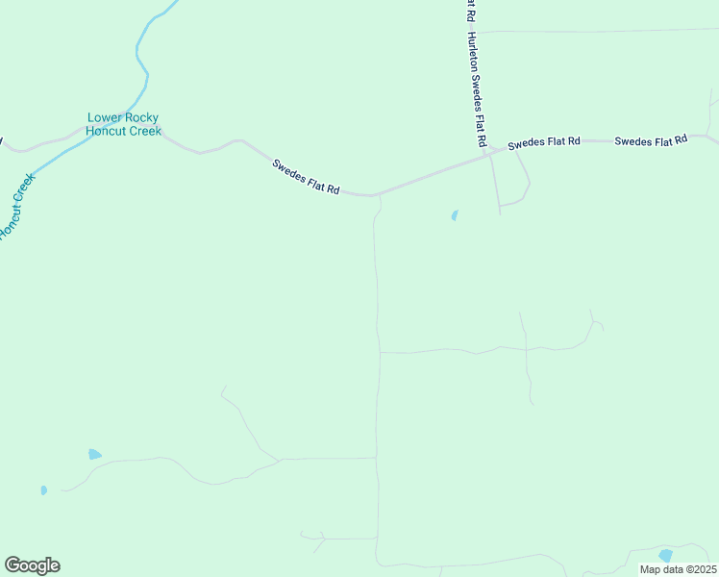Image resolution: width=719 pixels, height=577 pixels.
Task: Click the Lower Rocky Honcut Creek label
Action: pos(123,124)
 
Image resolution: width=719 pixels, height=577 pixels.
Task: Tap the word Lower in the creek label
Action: pos(104,118)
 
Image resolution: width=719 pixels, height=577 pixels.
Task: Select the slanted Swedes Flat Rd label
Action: pos(306,177)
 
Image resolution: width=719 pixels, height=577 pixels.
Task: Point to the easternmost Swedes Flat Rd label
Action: pos(651,140)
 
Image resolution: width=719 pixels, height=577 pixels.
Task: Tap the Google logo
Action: pos(32,564)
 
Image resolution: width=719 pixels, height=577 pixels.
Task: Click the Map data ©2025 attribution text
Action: pos(678,569)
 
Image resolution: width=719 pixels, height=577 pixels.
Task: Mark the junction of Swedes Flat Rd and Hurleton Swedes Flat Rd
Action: pos(485,153)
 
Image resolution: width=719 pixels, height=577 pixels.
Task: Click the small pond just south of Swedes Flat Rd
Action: pos(454,215)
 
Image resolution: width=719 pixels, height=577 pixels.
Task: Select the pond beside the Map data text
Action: pos(665,555)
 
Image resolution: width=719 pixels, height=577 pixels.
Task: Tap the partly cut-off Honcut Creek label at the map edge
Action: pos(15,207)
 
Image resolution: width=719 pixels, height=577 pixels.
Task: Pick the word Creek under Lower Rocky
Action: pos(145,131)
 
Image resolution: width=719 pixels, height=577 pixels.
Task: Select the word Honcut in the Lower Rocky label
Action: pos(106,131)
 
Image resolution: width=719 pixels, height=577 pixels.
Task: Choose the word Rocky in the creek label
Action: pos(141,118)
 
